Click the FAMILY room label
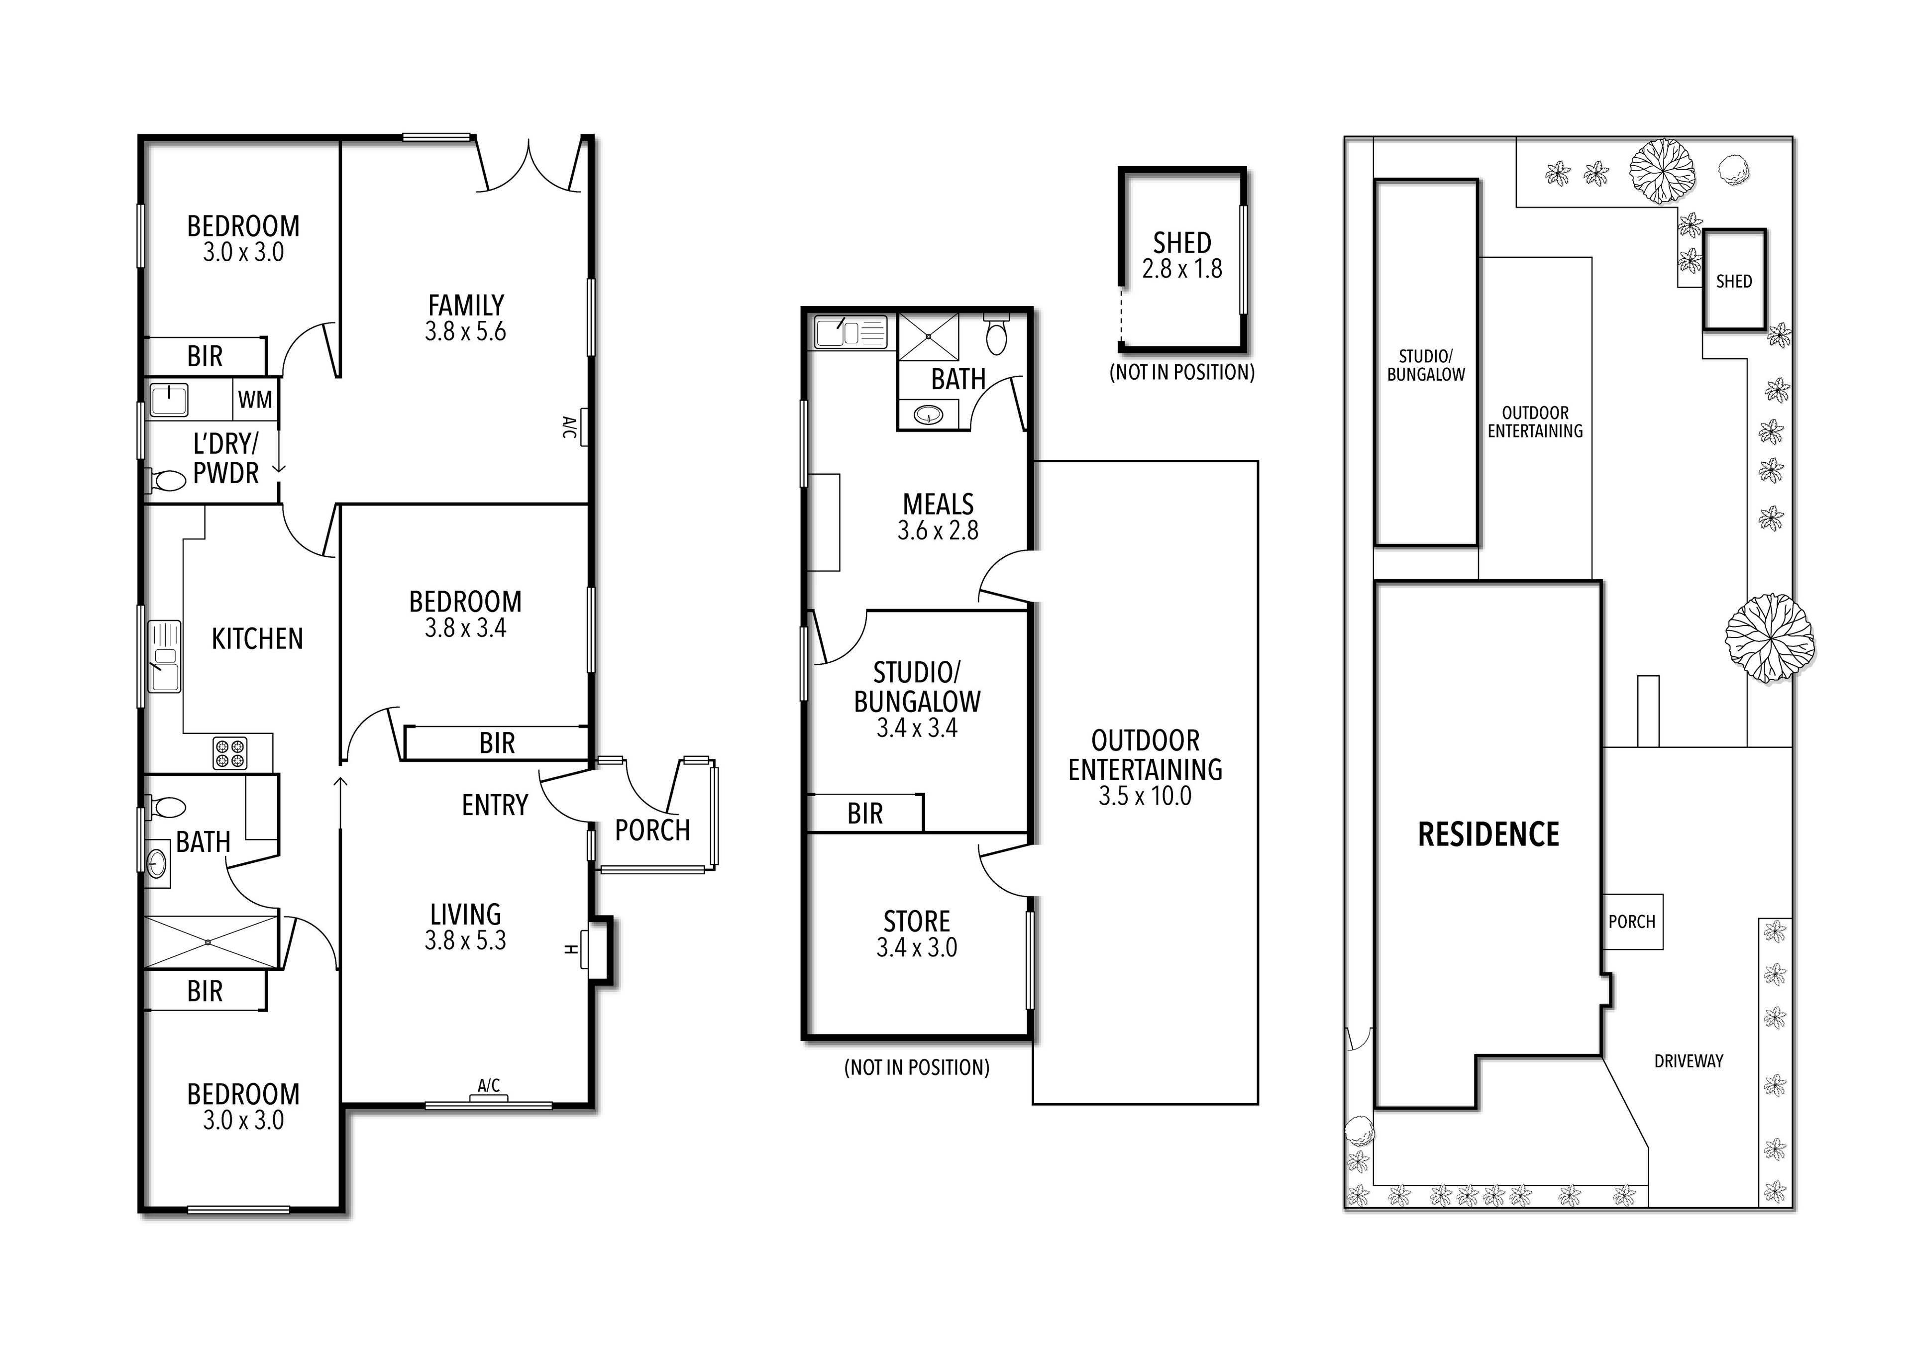(x=466, y=305)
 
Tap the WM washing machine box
(x=255, y=400)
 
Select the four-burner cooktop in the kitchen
(x=230, y=753)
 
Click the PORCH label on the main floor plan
(x=652, y=830)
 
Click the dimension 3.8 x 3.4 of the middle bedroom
(x=466, y=628)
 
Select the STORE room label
(x=916, y=922)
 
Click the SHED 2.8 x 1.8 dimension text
(x=1182, y=269)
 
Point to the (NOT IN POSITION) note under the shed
(x=1182, y=372)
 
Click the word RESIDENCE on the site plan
(x=1488, y=834)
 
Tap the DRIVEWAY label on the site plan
(x=1689, y=1061)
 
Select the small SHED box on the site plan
(x=1734, y=280)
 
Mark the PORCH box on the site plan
(x=1632, y=922)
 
